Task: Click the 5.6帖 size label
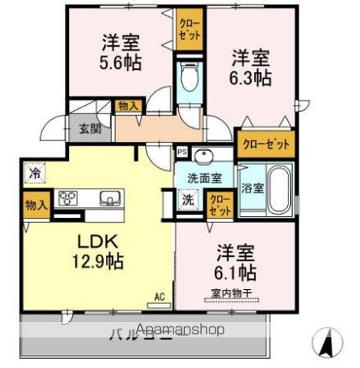click(x=119, y=63)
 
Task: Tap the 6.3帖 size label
click(x=251, y=77)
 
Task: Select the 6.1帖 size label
click(x=236, y=273)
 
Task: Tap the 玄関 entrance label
click(x=85, y=129)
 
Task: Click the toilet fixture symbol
click(x=188, y=77)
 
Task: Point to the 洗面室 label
click(x=204, y=178)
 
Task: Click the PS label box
click(x=181, y=152)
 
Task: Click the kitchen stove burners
click(x=67, y=199)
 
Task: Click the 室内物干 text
click(x=230, y=292)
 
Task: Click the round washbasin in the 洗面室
click(x=203, y=157)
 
